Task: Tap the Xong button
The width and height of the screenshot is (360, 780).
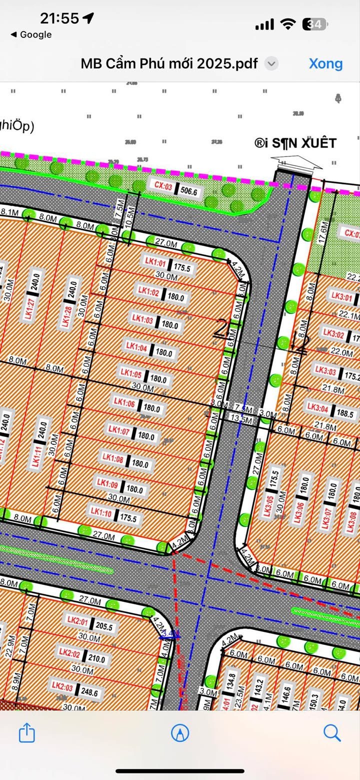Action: coord(325,64)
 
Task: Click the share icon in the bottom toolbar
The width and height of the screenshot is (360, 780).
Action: coord(27,733)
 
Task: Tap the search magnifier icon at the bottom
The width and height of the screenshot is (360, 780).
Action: coord(332,733)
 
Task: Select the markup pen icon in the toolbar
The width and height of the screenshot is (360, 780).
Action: coord(180,733)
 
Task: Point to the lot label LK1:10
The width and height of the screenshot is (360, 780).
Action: coord(101,511)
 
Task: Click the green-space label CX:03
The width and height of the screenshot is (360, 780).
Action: coord(162,186)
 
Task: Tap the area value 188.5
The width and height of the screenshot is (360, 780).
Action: coord(349,399)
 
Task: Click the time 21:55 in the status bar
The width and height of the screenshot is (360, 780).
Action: coord(59,18)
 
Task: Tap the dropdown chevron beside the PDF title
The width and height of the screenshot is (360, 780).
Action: coord(271,63)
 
